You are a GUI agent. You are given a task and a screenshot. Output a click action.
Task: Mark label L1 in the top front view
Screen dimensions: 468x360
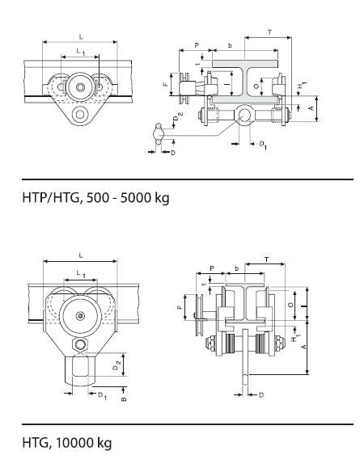click(x=78, y=50)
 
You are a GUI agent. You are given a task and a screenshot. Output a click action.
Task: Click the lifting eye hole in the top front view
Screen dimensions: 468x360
click(x=78, y=116)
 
